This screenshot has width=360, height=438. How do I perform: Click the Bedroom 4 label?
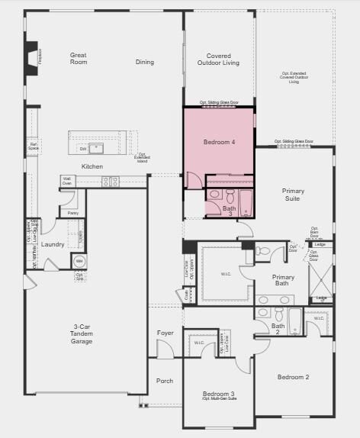tap(220, 143)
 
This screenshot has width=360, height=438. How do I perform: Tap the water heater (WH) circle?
tap(79, 262)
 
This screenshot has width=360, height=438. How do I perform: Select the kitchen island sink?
tap(96, 147)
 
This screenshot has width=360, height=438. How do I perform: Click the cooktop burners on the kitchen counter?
tap(111, 182)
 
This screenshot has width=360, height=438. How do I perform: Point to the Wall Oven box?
tap(67, 181)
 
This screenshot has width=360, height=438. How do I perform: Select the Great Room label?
tap(78, 59)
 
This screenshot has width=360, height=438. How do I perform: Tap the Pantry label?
tap(73, 214)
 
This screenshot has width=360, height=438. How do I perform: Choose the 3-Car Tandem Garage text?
tap(82, 333)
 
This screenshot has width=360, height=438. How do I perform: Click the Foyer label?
tap(166, 332)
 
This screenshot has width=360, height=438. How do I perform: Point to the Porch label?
tap(165, 381)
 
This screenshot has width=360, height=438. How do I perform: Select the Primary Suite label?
tap(291, 195)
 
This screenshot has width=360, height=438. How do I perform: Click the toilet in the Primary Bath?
tap(262, 250)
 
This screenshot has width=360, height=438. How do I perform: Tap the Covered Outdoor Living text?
tap(219, 59)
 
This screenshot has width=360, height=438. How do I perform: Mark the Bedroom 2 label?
tap(293, 377)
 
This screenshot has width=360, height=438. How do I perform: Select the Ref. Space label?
tap(34, 145)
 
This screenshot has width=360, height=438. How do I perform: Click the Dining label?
tap(145, 63)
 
